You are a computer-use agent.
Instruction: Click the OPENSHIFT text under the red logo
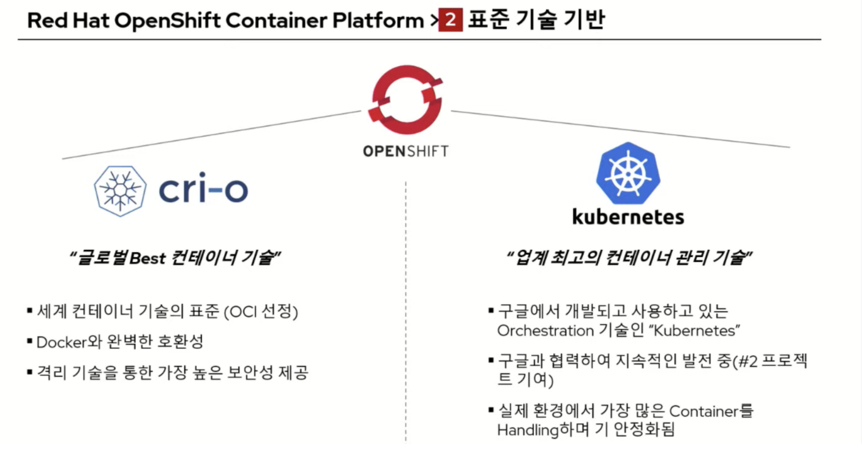click(x=406, y=151)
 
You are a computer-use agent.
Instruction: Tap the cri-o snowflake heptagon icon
click(x=120, y=190)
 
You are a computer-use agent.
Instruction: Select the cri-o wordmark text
click(x=203, y=190)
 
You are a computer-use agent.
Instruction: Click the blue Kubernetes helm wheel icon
click(x=627, y=173)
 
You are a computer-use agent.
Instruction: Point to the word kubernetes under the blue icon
click(x=628, y=217)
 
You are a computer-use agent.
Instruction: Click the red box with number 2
click(x=450, y=21)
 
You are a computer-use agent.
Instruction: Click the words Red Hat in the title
click(x=67, y=21)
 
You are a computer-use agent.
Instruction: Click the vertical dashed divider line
click(x=405, y=306)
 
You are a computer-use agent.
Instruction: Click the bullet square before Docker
click(x=29, y=342)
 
